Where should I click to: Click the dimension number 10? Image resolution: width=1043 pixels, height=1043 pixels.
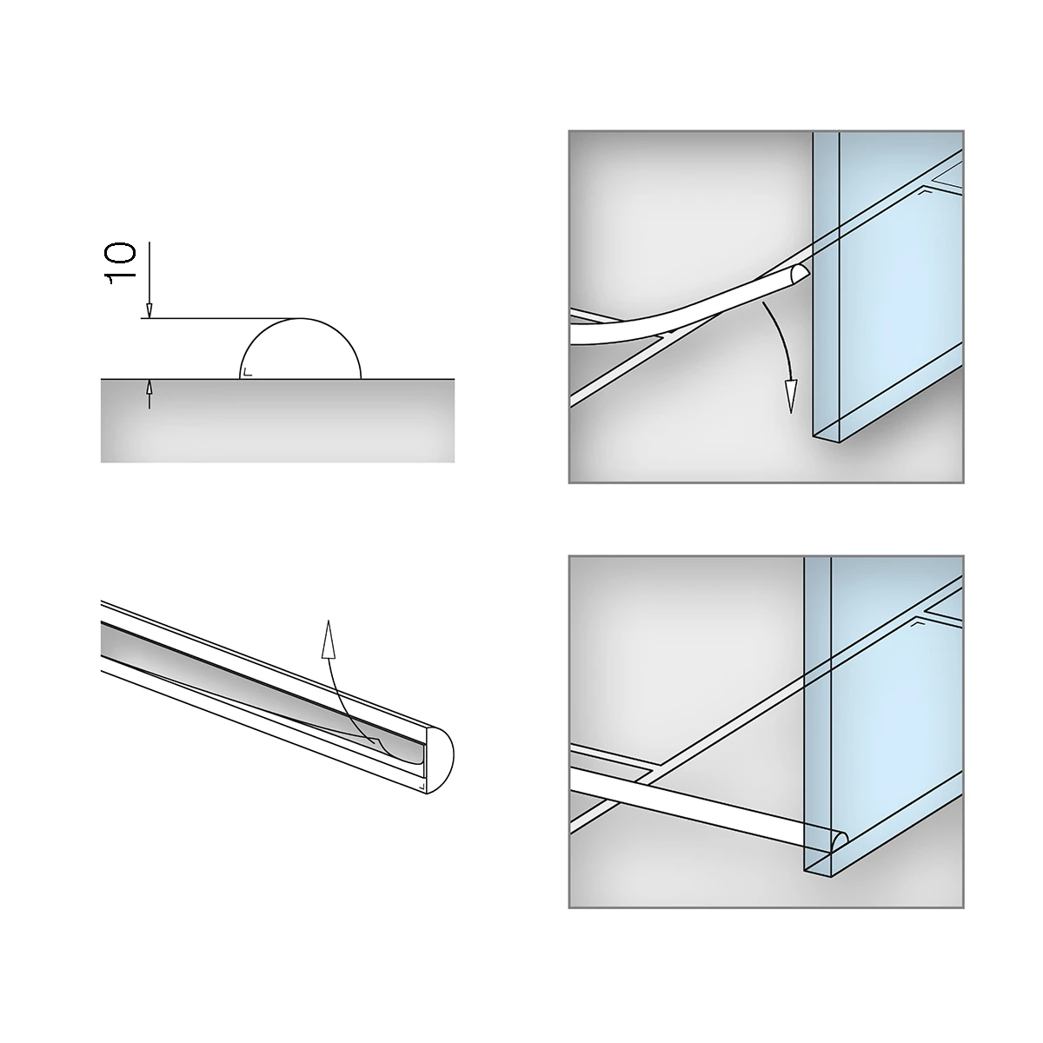click(120, 263)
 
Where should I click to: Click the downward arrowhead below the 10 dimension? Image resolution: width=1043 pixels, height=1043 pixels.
click(149, 310)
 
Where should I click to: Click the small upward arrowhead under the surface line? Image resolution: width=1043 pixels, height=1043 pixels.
click(149, 386)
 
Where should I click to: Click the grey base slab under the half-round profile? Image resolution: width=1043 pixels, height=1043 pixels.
click(277, 421)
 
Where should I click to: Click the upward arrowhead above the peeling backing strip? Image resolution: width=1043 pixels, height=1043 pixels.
click(328, 639)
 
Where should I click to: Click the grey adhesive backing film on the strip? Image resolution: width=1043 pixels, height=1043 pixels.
click(260, 693)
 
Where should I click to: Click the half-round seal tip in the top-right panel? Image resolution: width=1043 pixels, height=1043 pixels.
click(800, 274)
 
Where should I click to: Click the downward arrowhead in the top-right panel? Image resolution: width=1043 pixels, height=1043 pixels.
click(791, 396)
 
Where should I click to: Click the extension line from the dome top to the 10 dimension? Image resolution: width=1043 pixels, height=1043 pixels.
click(221, 318)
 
